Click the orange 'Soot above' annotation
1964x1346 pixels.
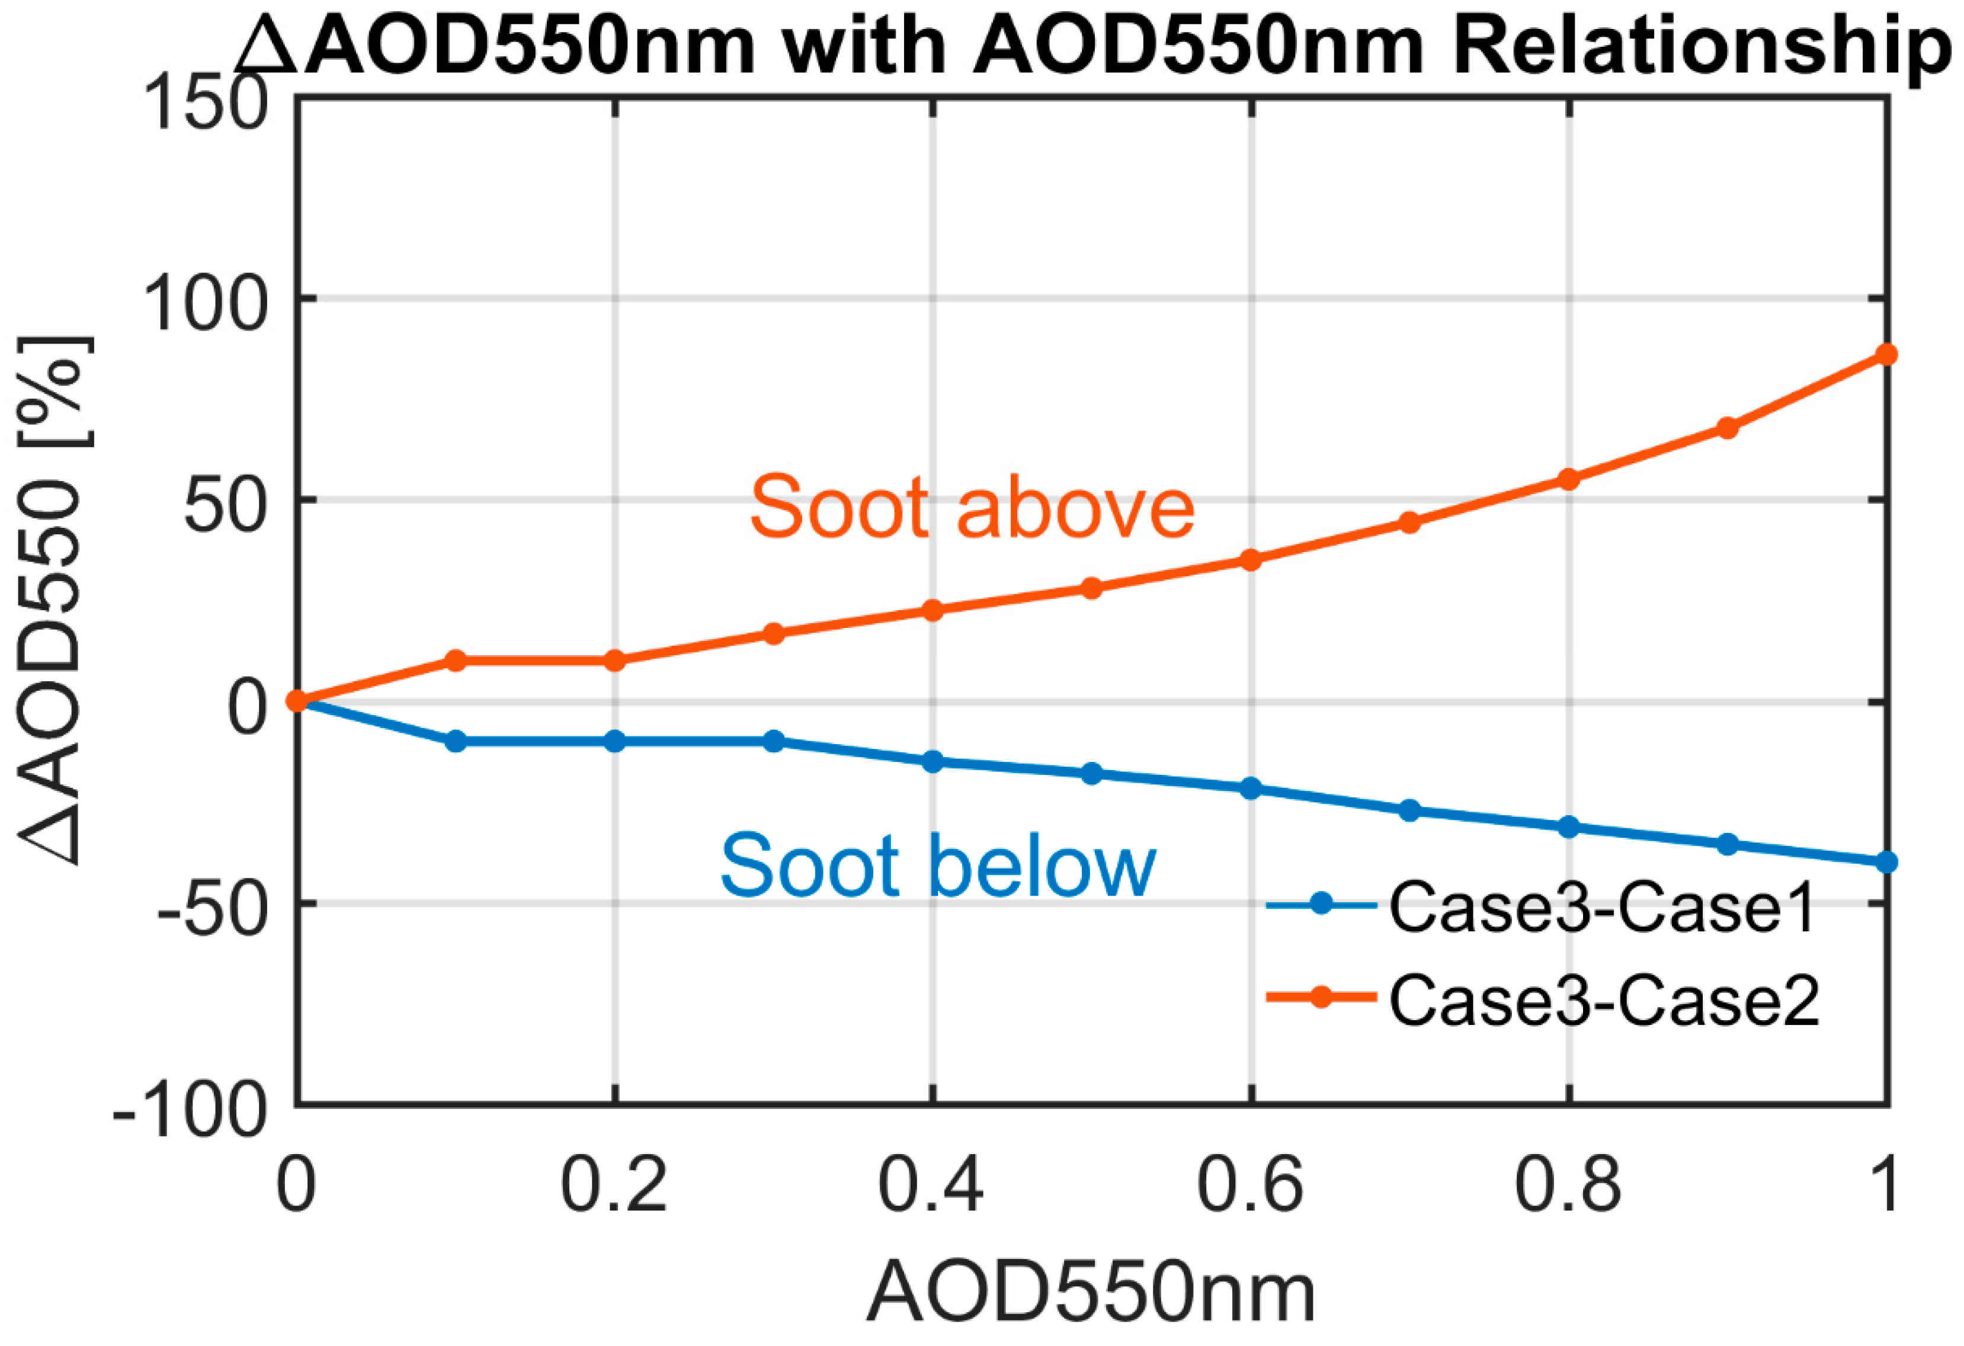[x=972, y=507]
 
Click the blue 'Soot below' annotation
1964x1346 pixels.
[x=937, y=866]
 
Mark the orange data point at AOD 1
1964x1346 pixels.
[x=1886, y=355]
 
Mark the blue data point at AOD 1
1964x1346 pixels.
[x=1886, y=862]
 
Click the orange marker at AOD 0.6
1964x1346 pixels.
[x=1251, y=559]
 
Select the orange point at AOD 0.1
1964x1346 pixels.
[x=456, y=661]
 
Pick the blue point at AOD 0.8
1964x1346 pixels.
[x=1568, y=827]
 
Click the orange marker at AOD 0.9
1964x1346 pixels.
[x=1728, y=428]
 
